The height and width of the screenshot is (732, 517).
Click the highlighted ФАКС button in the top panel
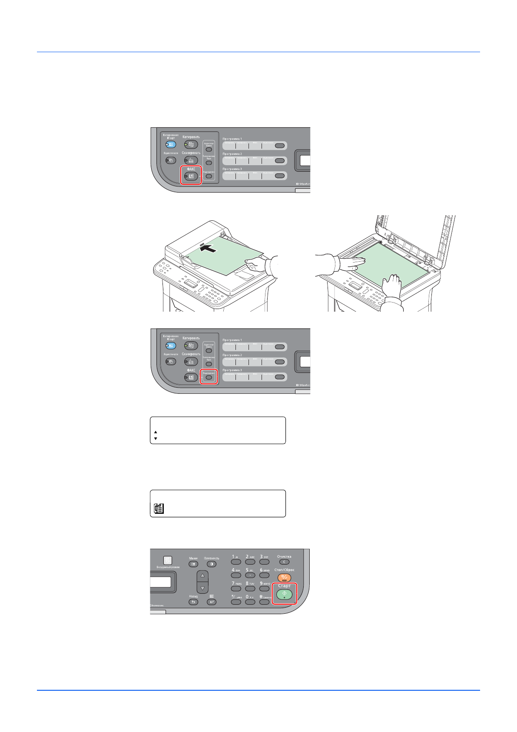[191, 176]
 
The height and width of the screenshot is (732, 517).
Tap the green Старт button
[284, 594]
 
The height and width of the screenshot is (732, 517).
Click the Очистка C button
[284, 562]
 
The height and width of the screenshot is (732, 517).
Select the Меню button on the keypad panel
[193, 564]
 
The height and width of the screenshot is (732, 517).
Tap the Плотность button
[211, 564]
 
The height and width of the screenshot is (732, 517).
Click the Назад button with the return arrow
[193, 602]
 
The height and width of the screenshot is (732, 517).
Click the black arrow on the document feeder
[208, 248]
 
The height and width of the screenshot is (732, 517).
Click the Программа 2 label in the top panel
[232, 154]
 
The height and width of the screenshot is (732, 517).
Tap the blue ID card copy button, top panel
[171, 144]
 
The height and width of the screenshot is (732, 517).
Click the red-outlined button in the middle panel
[209, 377]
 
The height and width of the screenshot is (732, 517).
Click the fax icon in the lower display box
[159, 508]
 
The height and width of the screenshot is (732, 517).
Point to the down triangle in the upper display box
[156, 439]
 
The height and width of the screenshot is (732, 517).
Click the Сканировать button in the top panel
[191, 160]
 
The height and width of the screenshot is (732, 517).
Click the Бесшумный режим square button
[168, 560]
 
